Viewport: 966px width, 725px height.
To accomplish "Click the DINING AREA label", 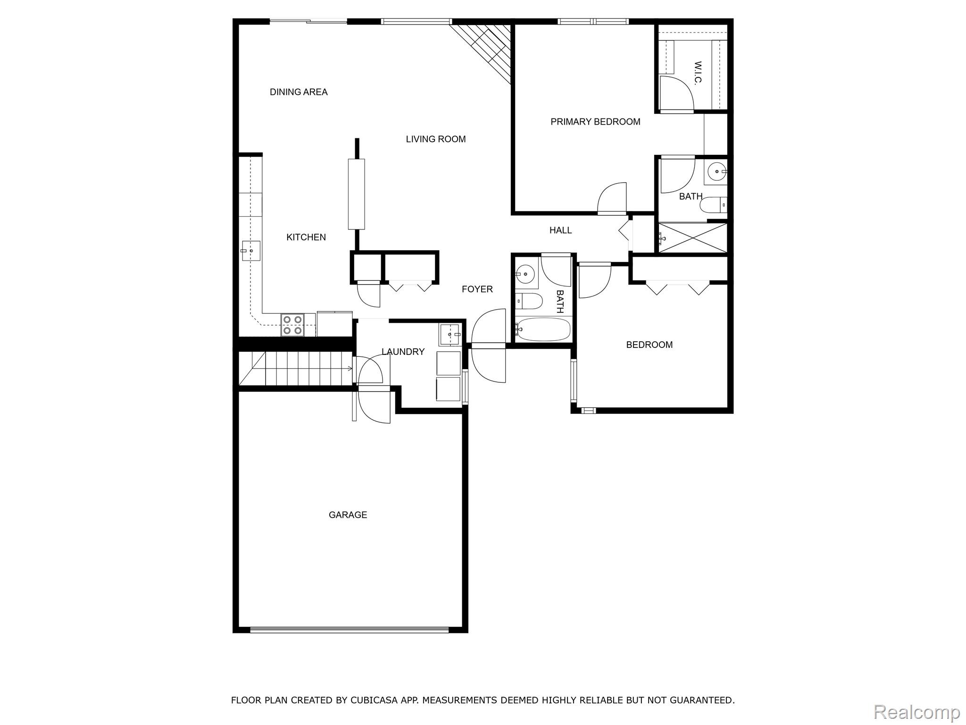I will point(299,92).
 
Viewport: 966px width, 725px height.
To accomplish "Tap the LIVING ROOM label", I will point(435,139).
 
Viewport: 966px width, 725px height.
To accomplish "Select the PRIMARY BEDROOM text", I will point(595,122).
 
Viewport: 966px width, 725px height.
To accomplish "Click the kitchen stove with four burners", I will point(291,325).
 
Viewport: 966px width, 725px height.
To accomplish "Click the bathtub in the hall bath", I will point(543,329).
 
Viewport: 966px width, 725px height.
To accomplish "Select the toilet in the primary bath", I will point(713,206).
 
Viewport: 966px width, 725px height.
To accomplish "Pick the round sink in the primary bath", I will point(716,170).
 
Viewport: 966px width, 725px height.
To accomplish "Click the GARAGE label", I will point(348,515).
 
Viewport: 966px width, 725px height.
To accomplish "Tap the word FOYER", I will point(477,289).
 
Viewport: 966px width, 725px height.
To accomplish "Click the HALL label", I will point(560,230).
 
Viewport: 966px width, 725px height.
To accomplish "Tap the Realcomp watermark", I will point(916,711).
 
